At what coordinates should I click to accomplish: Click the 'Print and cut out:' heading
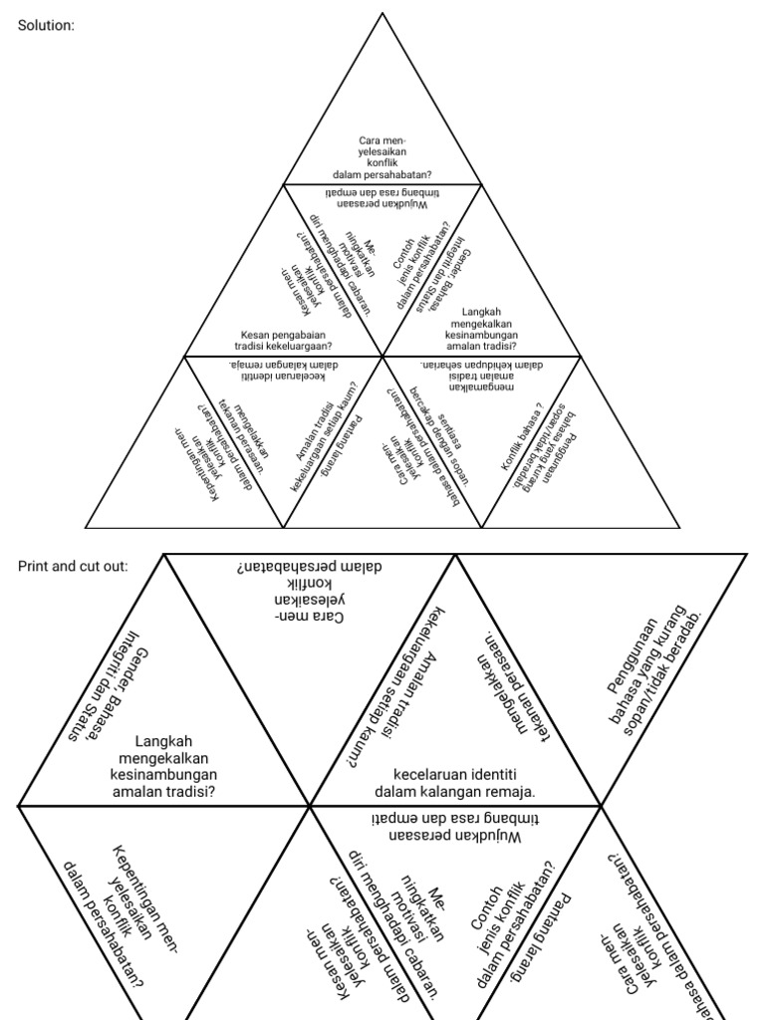(x=73, y=566)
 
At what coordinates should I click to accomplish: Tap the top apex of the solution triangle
(x=382, y=12)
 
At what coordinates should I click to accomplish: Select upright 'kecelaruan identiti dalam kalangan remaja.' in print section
(x=455, y=783)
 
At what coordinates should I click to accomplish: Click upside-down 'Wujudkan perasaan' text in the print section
(x=455, y=828)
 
